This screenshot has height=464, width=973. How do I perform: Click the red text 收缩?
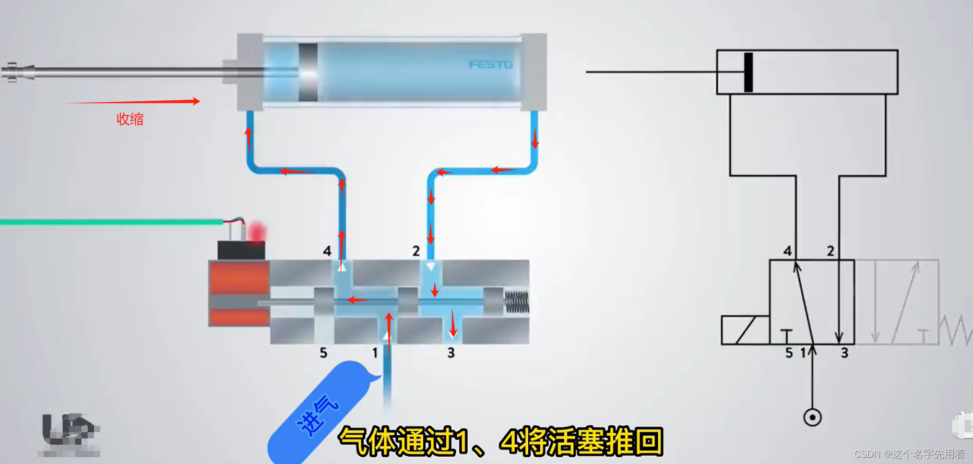click(x=129, y=119)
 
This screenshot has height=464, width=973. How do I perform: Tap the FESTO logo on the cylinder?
click(x=491, y=65)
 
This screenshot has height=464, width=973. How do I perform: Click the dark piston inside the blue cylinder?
click(x=308, y=72)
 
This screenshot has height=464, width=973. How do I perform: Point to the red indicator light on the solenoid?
click(x=257, y=232)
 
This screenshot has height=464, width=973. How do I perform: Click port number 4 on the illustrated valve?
click(x=327, y=251)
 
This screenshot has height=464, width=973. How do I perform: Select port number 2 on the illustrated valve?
click(x=416, y=251)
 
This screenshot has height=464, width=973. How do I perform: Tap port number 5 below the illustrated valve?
click(x=324, y=353)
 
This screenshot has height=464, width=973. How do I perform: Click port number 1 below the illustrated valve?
click(x=375, y=353)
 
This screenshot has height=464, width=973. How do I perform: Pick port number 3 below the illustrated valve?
click(x=451, y=353)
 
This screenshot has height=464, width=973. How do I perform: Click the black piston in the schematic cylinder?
click(x=749, y=72)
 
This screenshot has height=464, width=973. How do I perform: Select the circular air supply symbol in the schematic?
click(x=812, y=418)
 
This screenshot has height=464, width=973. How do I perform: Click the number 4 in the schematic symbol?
click(x=788, y=251)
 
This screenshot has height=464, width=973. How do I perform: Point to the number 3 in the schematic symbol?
click(x=845, y=353)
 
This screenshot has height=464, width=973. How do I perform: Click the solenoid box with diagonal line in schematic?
click(x=745, y=330)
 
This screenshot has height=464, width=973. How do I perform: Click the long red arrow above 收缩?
click(x=133, y=102)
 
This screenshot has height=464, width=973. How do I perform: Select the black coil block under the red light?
click(x=241, y=250)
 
